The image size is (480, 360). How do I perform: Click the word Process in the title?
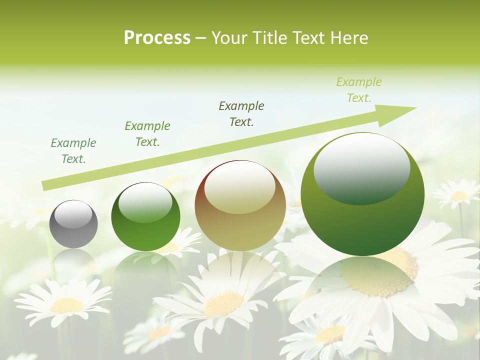(x=157, y=38)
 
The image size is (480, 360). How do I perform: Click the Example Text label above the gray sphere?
(x=73, y=151)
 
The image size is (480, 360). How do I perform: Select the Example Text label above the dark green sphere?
(x=147, y=134)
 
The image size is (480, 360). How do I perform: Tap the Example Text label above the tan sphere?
(x=241, y=113)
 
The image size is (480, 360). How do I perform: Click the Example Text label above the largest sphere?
(x=358, y=90)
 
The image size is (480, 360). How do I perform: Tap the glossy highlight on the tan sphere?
(x=239, y=188)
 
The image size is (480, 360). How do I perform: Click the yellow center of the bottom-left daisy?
(x=67, y=304)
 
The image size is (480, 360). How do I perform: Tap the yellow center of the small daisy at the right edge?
(x=459, y=196)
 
